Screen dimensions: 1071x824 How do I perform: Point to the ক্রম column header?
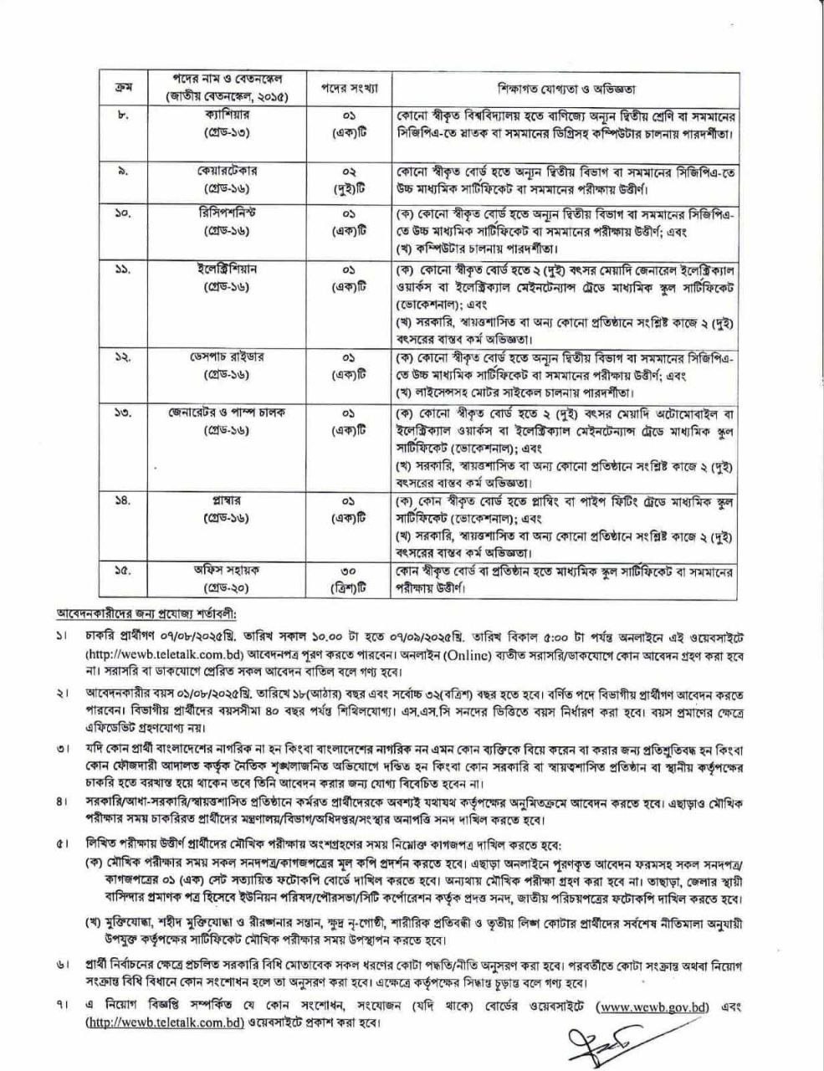119,88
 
